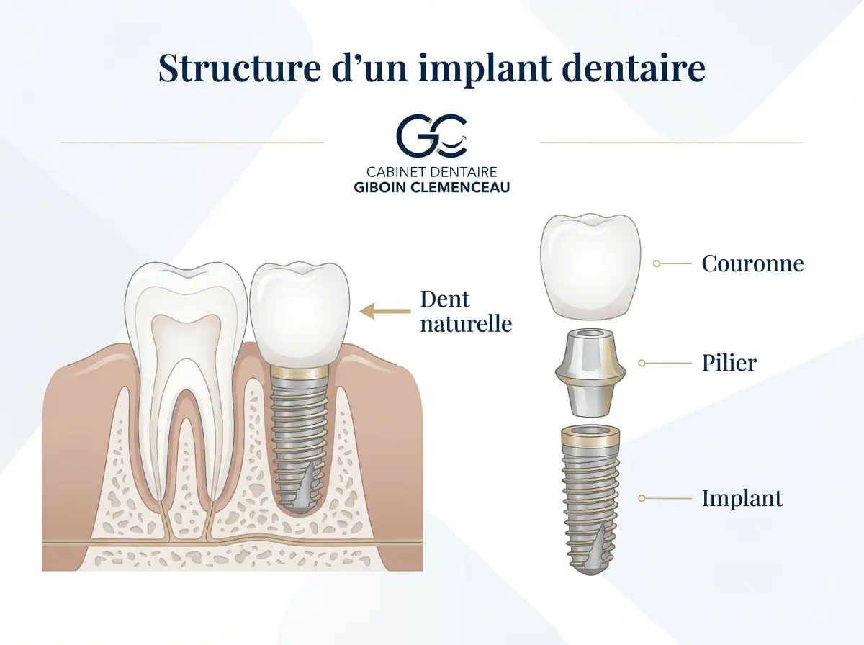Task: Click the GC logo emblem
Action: pyautogui.click(x=432, y=135)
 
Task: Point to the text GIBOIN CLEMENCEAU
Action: pyautogui.click(x=432, y=187)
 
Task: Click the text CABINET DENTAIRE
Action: pyautogui.click(x=432, y=172)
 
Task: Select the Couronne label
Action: pyautogui.click(x=752, y=263)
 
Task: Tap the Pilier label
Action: pyautogui.click(x=729, y=363)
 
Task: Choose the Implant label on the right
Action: pyautogui.click(x=742, y=497)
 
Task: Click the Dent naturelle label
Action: pyautogui.click(x=465, y=312)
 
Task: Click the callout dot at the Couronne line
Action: pyautogui.click(x=656, y=264)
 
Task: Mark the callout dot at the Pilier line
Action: pyautogui.click(x=642, y=364)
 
